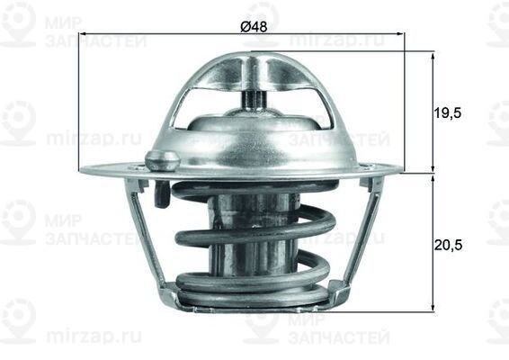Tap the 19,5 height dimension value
(447, 113)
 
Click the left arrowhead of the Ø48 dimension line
(84, 35)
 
